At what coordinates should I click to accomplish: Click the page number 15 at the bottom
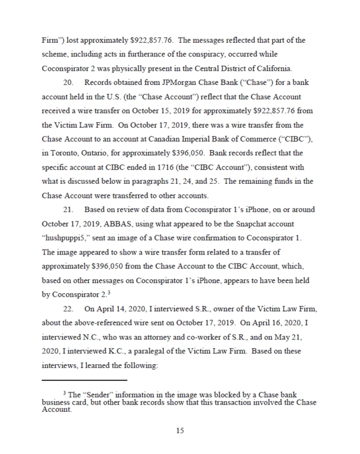point(180,430)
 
